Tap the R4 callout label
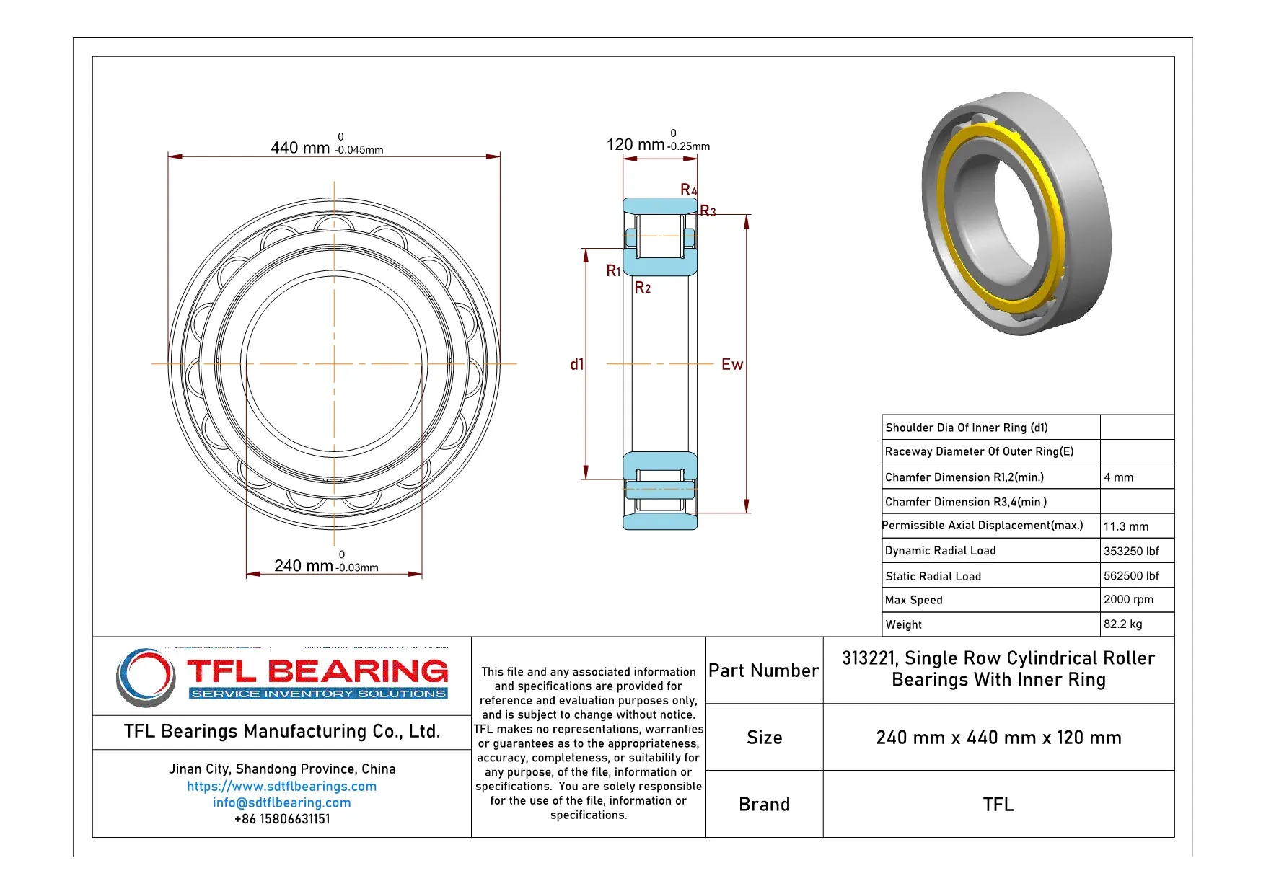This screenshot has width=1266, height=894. (688, 190)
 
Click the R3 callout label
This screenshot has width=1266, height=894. (708, 211)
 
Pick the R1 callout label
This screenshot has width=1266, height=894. (613, 271)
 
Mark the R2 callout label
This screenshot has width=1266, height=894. (642, 288)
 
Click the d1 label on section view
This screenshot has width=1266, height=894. (576, 365)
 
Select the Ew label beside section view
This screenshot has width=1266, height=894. (731, 365)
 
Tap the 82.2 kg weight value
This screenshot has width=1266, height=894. (1122, 624)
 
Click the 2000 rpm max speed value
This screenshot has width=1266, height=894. (1127, 600)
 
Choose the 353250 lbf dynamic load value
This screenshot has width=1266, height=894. (1130, 552)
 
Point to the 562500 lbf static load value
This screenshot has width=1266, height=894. (1130, 576)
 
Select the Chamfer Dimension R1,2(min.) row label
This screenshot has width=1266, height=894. (964, 477)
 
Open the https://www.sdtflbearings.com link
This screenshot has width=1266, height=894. (281, 787)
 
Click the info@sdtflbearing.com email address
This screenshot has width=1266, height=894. (281, 803)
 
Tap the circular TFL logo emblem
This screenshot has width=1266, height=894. (146, 677)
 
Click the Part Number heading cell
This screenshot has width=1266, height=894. (763, 671)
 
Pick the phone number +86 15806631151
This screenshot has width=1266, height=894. (281, 820)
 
